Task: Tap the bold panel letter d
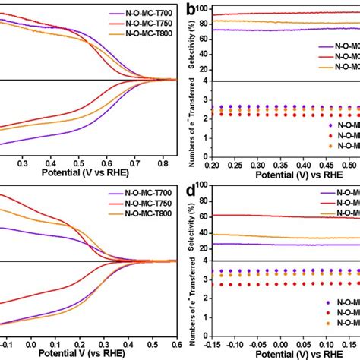click(x=184, y=189)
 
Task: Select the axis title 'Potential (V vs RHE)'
click(x=70, y=173)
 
